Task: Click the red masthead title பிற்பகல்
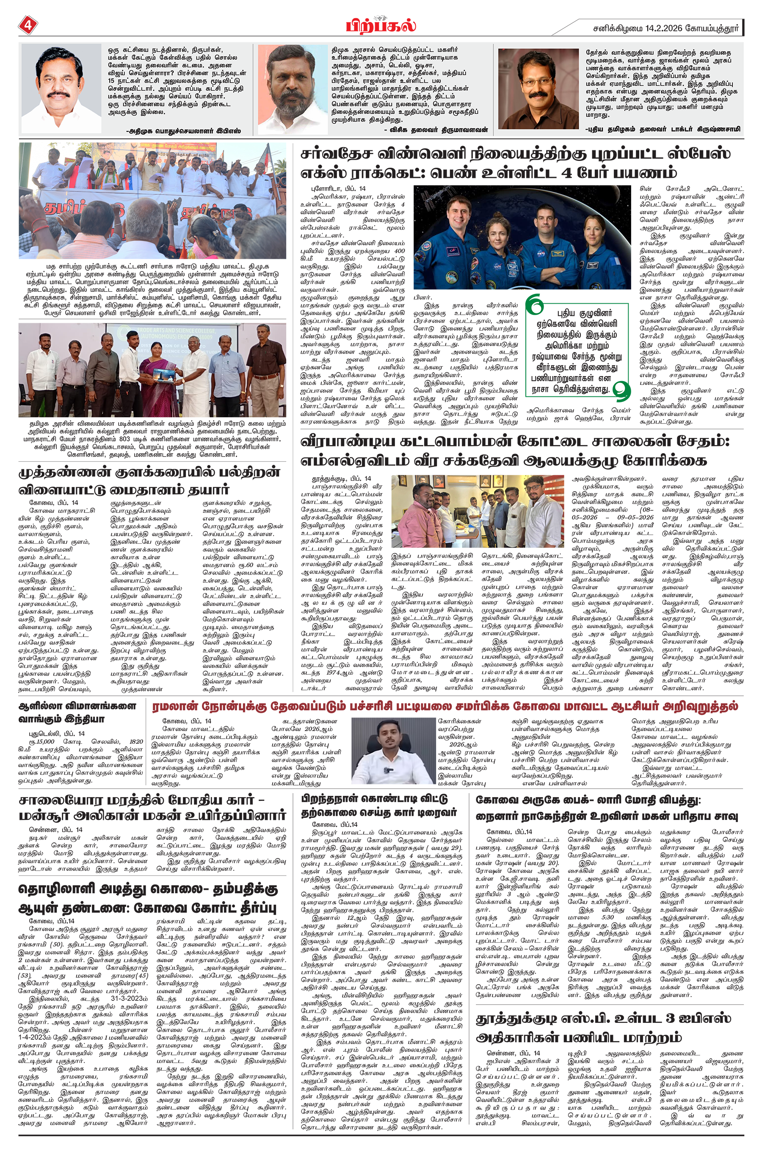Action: (381, 24)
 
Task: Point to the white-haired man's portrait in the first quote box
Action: (61, 88)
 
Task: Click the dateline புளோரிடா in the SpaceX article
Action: (331, 188)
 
